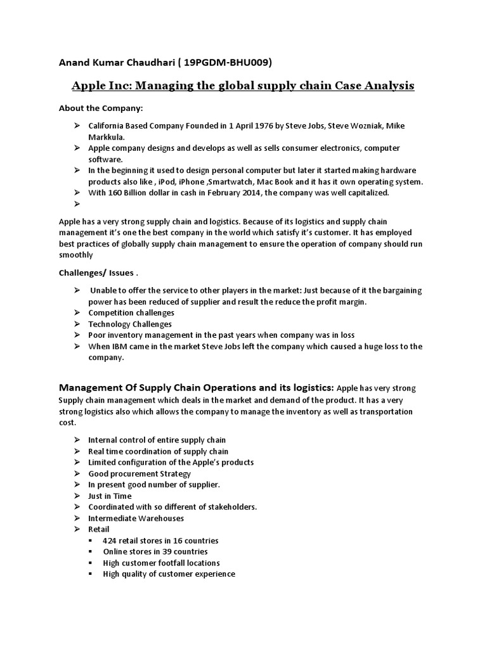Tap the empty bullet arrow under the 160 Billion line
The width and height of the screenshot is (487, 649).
[76, 204]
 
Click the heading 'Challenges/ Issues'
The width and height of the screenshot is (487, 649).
[96, 273]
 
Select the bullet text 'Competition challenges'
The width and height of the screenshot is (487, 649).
[131, 312]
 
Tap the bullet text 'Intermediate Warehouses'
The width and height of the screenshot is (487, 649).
[136, 518]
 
